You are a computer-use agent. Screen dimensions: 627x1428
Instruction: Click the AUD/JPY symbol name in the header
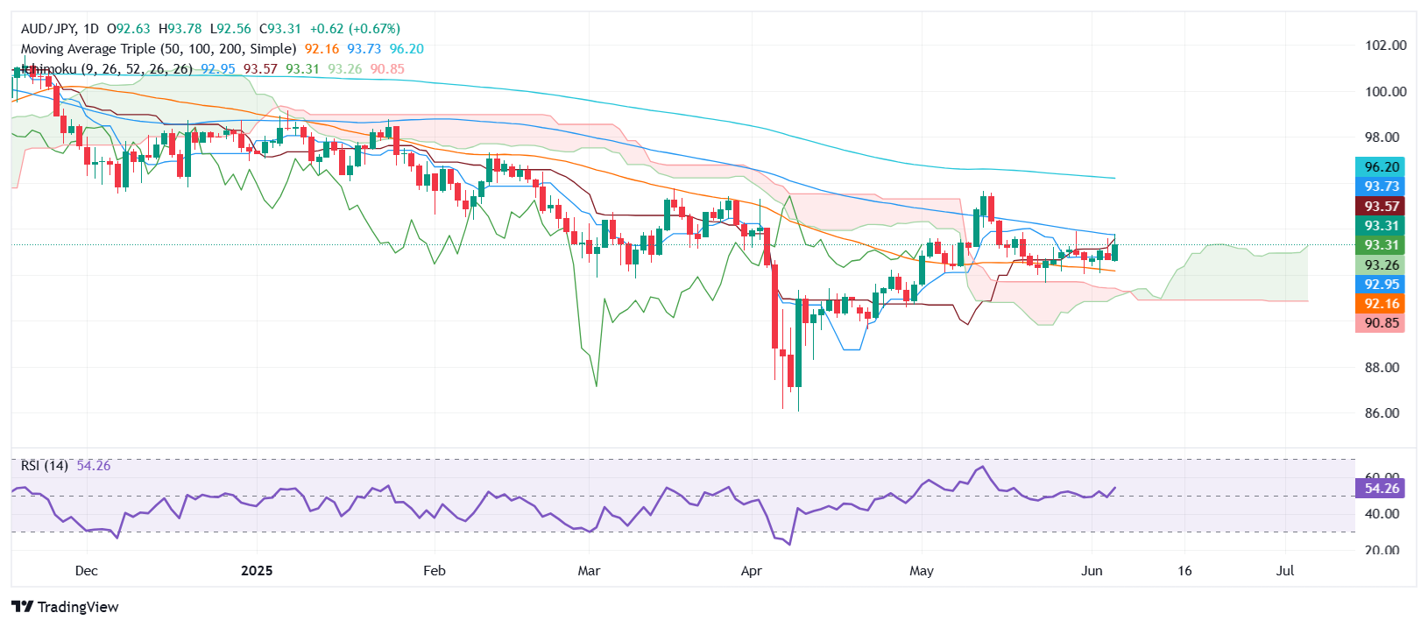(x=48, y=29)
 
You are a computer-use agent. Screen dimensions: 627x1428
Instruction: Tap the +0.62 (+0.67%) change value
(x=355, y=29)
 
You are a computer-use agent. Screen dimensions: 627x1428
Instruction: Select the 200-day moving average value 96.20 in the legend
(x=406, y=49)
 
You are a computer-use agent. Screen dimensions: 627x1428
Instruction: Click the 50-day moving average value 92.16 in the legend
(x=322, y=49)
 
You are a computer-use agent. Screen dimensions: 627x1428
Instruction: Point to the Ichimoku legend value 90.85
(x=387, y=69)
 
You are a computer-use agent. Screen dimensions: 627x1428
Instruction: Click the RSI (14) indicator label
(x=45, y=466)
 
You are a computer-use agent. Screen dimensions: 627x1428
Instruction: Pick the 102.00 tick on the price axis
(x=1386, y=46)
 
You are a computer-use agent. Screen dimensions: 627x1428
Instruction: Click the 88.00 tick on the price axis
(x=1386, y=368)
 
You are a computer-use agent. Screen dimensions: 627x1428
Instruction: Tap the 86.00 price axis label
(x=1386, y=413)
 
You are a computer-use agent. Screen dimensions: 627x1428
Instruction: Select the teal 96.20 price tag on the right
(x=1381, y=167)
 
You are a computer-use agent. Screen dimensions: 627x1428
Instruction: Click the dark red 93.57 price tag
(x=1381, y=207)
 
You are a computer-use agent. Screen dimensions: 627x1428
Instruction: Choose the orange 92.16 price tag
(x=1381, y=304)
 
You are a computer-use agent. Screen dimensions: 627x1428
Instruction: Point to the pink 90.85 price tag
(x=1381, y=323)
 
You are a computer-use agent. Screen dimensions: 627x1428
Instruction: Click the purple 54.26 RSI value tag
(x=1381, y=489)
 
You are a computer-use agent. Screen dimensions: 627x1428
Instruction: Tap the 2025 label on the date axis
(x=257, y=571)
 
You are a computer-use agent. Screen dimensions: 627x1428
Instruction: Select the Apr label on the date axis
(x=751, y=571)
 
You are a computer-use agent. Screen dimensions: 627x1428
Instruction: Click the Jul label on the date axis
(x=1284, y=571)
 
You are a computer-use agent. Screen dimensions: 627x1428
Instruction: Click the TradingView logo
(x=66, y=607)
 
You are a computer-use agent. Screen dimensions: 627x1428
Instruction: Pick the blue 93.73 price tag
(x=1381, y=187)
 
